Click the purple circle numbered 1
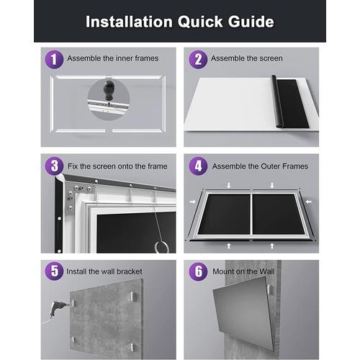[53, 59]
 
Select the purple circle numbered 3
[53, 166]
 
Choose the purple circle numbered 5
[53, 272]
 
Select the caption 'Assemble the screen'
[247, 58]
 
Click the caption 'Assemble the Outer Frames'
[260, 166]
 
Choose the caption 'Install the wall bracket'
[105, 272]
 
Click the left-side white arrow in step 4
[192, 203]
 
